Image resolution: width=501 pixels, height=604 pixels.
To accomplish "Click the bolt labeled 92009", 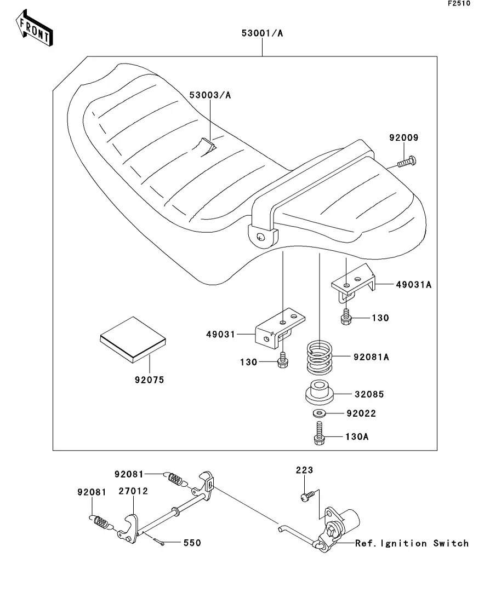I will pyautogui.click(x=406, y=162).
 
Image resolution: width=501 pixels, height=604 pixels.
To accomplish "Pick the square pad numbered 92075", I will pyautogui.click(x=132, y=340).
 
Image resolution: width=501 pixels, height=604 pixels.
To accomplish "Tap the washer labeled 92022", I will pyautogui.click(x=320, y=412).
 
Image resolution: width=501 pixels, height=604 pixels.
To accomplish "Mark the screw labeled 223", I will pyautogui.click(x=306, y=496).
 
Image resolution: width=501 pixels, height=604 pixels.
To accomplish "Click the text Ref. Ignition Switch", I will pyautogui.click(x=412, y=543).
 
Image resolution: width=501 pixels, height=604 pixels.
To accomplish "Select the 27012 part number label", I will pyautogui.click(x=133, y=491).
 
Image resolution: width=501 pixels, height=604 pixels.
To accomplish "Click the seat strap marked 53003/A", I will pyautogui.click(x=207, y=146).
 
